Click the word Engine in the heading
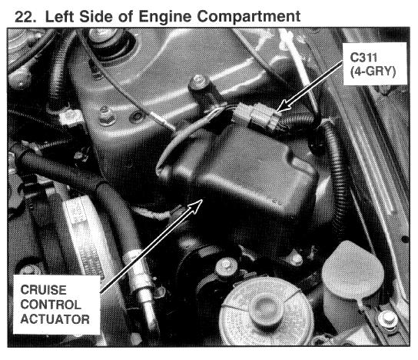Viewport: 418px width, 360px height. [164, 18]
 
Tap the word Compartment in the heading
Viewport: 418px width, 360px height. [249, 18]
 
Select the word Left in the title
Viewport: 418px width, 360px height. [61, 17]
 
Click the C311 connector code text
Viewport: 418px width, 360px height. [363, 58]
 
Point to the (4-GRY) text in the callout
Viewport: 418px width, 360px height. [373, 72]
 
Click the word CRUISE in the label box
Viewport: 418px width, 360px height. [44, 290]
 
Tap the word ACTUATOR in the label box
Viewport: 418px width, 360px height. [55, 319]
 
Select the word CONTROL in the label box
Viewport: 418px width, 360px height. [51, 305]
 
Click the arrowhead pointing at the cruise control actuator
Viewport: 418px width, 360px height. [197, 205]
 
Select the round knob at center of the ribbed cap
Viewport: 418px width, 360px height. [266, 309]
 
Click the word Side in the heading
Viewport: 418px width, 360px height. [96, 17]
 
